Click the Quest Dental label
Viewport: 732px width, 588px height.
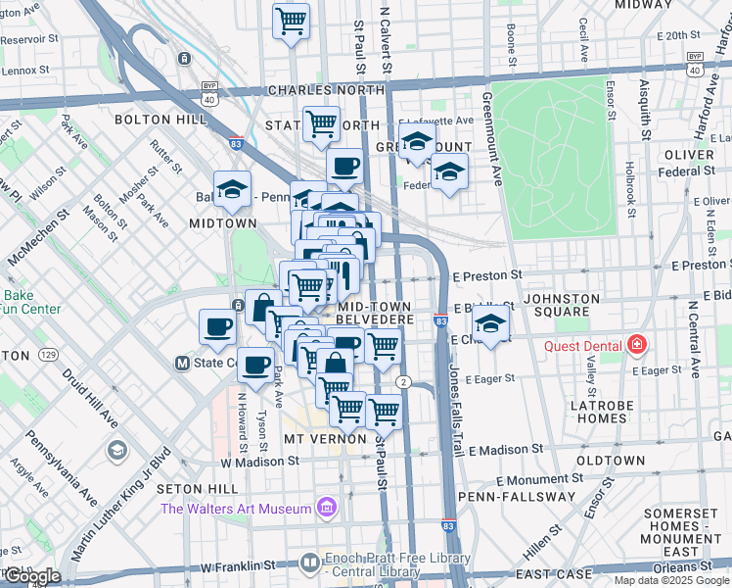pyautogui.click(x=582, y=344)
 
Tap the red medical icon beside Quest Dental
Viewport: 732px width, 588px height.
pyautogui.click(x=637, y=344)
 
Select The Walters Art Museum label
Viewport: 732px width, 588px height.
pyautogui.click(x=236, y=508)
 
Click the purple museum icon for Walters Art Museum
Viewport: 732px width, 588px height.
pyautogui.click(x=326, y=508)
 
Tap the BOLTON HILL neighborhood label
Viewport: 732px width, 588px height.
pyautogui.click(x=160, y=119)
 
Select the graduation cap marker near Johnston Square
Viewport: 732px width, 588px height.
pyautogui.click(x=492, y=324)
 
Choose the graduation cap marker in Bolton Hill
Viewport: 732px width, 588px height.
pyautogui.click(x=233, y=190)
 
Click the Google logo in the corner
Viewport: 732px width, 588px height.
pyautogui.click(x=31, y=576)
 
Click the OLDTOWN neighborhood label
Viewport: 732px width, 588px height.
pyautogui.click(x=611, y=460)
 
